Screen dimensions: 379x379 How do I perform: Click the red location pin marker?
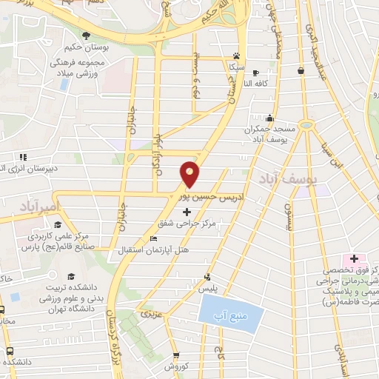tap(190, 175)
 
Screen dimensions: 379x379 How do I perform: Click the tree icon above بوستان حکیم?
tap(87, 36)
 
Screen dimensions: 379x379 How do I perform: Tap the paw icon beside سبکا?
tap(236, 56)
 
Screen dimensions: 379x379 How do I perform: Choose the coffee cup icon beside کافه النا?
tap(255, 73)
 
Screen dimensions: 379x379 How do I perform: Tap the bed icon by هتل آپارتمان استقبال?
tap(153, 239)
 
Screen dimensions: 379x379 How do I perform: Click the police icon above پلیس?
tap(208, 278)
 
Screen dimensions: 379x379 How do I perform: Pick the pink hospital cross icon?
tap(355, 258)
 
